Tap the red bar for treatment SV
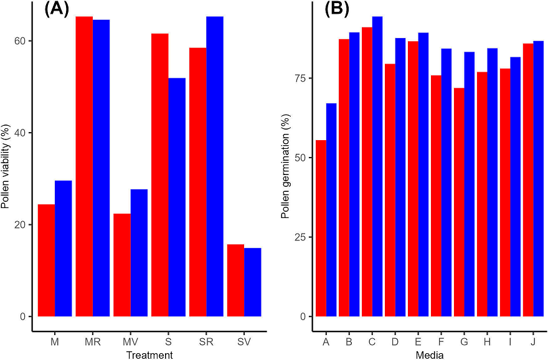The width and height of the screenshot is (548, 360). coord(235,280)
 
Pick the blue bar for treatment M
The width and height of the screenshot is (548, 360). coord(64,249)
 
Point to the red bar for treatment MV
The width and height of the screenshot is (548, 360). coord(122,265)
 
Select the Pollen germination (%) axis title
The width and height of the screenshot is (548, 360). coord(285,166)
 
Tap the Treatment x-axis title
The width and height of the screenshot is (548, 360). coord(149,355)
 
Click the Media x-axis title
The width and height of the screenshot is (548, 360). coord(430,355)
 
